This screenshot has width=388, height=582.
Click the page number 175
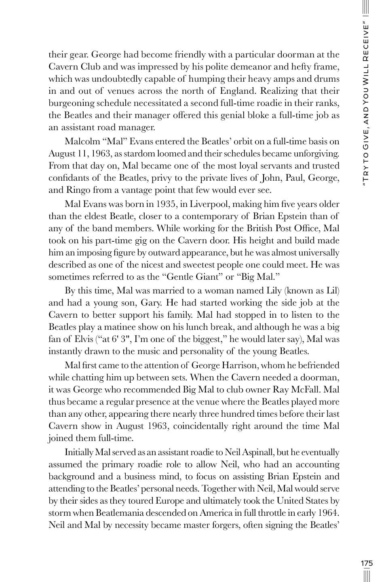pyautogui.click(x=367, y=563)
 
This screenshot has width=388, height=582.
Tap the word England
pyautogui.click(x=237, y=91)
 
